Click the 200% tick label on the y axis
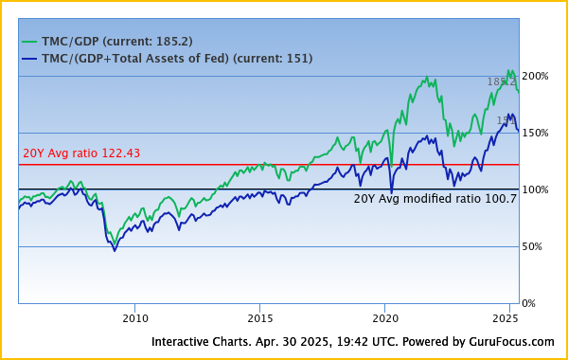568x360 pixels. pos(535,76)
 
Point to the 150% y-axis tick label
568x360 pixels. pos(535,133)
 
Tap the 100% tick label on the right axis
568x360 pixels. pos(535,189)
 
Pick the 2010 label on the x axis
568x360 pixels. pos(134,319)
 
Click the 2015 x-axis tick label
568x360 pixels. pos(259,319)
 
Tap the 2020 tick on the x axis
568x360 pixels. pos(384,319)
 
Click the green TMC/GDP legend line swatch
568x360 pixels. pos(30,42)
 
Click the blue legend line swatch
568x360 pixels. pos(30,59)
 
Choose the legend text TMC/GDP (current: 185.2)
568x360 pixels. pos(117,42)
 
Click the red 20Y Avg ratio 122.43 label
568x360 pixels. pos(80,153)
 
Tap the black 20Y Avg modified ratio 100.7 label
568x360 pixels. pos(435,199)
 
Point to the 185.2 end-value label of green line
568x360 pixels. pos(501,82)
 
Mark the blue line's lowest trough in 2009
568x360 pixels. pos(115,250)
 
